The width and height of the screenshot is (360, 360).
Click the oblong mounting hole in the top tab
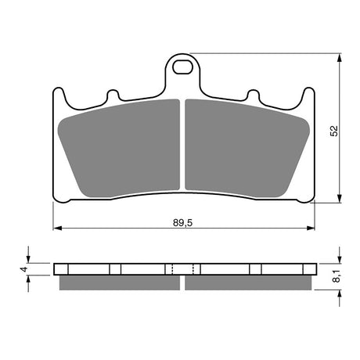pos(184,66)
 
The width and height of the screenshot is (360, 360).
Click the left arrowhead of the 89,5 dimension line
pos(56,229)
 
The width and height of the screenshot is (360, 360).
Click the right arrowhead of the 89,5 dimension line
pos(311,229)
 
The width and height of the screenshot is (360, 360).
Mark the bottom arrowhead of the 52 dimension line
pos(339,198)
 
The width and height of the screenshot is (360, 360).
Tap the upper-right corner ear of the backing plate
pos(308,94)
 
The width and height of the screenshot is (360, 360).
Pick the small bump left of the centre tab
pos(113,96)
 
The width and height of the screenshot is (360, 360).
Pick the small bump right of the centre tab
pos(253,96)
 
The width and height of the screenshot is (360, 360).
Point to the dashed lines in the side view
pos(182,269)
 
